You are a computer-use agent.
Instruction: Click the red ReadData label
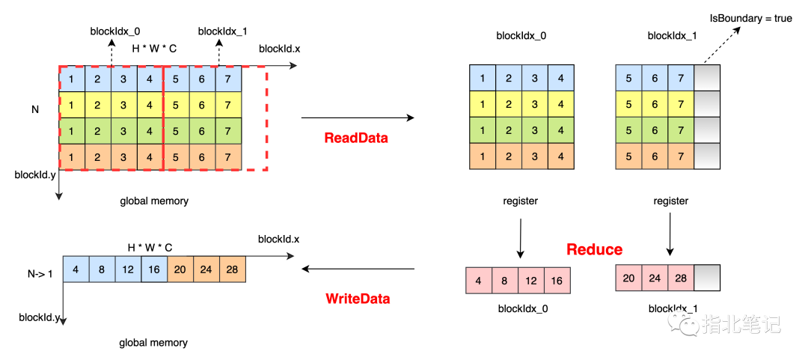356,138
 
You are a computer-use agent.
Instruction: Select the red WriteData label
358,299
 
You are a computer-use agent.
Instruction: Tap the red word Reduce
595,250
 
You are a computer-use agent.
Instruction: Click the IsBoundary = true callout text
750,19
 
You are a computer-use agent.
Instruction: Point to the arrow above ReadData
358,118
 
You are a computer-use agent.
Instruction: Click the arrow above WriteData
358,269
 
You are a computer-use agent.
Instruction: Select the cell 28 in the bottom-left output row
233,269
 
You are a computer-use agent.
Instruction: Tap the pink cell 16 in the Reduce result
557,280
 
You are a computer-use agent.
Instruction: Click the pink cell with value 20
628,278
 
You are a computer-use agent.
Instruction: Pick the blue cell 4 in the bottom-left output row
76,269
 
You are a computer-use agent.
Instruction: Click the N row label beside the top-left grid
35,109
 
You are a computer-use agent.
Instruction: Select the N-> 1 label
40,273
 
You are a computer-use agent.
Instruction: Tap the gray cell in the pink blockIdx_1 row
706,278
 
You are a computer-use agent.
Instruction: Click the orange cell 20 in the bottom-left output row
180,269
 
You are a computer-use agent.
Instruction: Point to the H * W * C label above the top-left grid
155,49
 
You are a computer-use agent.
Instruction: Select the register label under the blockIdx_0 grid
520,201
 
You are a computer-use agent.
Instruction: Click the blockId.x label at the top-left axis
280,49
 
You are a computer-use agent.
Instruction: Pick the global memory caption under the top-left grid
153,201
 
